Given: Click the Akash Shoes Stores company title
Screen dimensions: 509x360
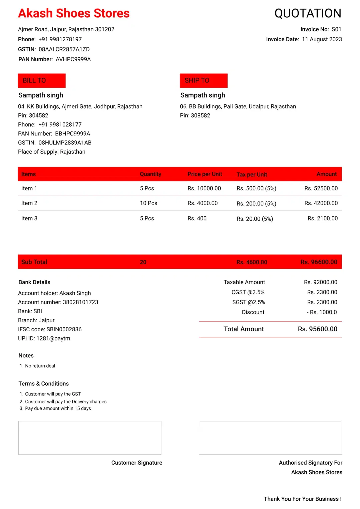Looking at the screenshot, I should [x=74, y=13].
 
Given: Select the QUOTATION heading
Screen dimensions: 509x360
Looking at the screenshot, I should [x=308, y=13].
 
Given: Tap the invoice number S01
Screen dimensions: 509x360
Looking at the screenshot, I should [x=336, y=29].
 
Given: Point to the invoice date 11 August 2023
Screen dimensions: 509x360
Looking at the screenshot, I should [x=322, y=39].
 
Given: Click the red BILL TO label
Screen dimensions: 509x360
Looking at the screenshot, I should [x=42, y=80].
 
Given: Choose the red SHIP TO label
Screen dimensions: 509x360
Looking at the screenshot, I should [x=203, y=80].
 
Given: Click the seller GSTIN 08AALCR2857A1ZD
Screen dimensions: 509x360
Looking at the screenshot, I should [x=64, y=49].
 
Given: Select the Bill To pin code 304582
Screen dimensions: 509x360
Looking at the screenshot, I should [x=38, y=115].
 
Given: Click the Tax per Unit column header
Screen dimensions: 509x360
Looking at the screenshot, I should [x=252, y=174].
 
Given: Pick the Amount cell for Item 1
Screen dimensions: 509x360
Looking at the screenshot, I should [x=321, y=188].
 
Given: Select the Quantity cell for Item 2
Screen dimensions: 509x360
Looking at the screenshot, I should [x=148, y=203].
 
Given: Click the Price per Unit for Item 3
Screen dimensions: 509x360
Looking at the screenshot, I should [x=197, y=218].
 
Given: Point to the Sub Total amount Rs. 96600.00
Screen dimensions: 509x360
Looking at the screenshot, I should [x=319, y=262].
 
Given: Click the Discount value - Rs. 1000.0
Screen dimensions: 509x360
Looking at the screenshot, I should [x=322, y=312].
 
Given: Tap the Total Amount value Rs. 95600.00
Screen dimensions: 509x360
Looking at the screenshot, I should [x=317, y=329].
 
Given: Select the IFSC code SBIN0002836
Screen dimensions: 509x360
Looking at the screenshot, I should [x=64, y=329].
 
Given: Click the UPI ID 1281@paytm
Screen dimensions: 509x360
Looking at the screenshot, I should [x=53, y=338].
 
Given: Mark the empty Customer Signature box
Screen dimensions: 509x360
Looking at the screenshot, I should [x=90, y=438].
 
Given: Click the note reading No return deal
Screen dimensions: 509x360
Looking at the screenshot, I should [x=40, y=366].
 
